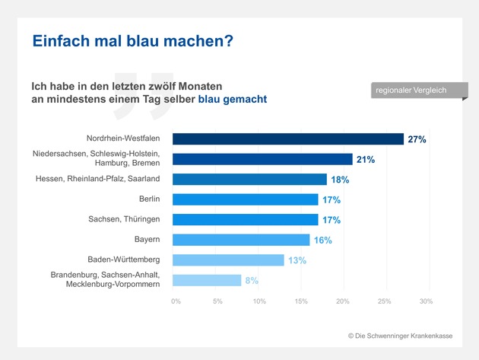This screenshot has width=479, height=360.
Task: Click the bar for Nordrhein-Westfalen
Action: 288,139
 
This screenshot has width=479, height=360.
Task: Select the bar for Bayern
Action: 241,240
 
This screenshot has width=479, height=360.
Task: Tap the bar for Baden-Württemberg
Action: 228,260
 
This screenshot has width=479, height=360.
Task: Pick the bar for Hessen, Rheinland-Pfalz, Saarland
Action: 249,180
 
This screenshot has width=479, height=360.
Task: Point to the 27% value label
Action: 417,140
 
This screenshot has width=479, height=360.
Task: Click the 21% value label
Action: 366,160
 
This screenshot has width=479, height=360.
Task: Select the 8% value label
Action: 251,280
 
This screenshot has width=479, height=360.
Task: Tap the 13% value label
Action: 297,260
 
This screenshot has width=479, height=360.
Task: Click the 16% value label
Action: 323,240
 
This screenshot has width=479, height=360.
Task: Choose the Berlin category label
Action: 148,199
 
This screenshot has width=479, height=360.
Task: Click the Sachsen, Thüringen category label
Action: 124,219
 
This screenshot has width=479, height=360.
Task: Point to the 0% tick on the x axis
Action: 176,302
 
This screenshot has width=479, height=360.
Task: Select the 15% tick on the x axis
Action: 301,302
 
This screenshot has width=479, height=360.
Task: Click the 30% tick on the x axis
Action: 426,302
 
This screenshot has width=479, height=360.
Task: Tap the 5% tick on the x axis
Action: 217,302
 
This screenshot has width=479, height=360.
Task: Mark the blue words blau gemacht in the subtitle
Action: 233,100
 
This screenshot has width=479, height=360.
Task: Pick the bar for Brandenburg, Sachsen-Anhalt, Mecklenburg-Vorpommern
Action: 207,280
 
